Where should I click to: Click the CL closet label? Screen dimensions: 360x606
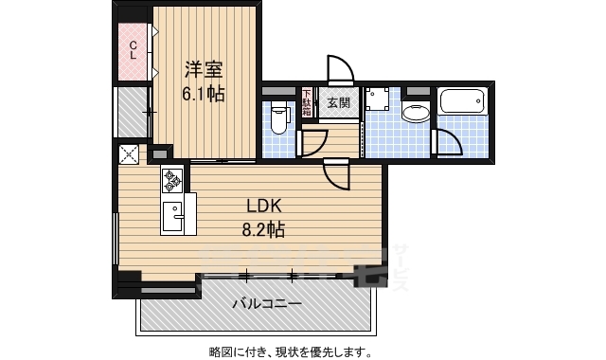click(134, 49)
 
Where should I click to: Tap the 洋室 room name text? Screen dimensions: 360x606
click(204, 68)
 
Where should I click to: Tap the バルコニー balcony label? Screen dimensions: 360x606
click(268, 304)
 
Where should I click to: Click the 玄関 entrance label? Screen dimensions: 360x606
click(338, 102)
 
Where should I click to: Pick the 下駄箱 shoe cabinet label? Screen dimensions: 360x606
click(307, 102)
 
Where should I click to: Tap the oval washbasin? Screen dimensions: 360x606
click(416, 114)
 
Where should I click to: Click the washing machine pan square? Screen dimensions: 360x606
click(380, 102)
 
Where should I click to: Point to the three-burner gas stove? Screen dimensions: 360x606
click(172, 179)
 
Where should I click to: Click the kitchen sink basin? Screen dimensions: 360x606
click(171, 217)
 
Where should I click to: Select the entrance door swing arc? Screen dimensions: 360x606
click(339, 71)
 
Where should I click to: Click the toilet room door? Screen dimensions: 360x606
click(310, 141)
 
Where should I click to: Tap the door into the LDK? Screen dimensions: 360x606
click(336, 173)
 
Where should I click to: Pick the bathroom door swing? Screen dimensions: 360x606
click(446, 142)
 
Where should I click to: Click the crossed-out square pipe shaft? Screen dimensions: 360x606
click(129, 155)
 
